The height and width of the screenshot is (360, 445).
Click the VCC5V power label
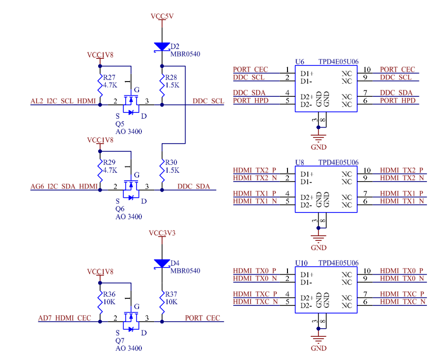(162, 16)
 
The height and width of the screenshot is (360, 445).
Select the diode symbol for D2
(162, 47)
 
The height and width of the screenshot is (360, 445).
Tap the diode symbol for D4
(162, 264)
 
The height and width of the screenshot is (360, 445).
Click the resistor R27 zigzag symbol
(100, 85)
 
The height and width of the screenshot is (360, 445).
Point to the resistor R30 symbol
(162, 170)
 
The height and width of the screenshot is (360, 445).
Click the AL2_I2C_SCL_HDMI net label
(63, 102)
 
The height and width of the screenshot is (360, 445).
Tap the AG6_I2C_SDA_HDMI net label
(64, 186)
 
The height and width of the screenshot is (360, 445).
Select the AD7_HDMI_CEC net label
(65, 318)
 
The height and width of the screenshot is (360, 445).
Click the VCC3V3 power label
(162, 233)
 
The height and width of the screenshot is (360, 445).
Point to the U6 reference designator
(300, 62)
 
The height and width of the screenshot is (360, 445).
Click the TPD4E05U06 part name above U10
(338, 263)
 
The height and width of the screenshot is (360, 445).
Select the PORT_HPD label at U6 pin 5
(251, 101)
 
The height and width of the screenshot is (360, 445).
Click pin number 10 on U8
(367, 170)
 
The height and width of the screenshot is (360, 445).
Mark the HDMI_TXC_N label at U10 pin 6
(403, 302)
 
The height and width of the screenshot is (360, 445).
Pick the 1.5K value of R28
(172, 85)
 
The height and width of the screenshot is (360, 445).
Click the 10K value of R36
(109, 302)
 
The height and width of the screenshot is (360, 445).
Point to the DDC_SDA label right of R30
(194, 186)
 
